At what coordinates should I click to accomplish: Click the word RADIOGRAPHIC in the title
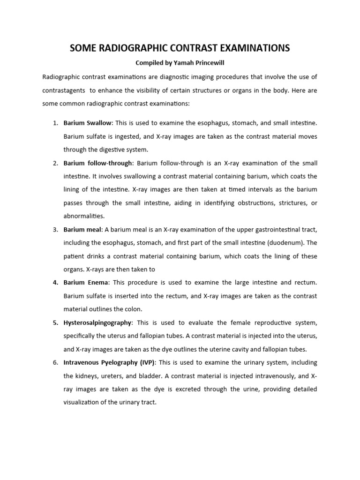[x=132, y=48]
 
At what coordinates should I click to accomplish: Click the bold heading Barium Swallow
[x=88, y=123]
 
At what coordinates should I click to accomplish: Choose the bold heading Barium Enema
[x=86, y=283]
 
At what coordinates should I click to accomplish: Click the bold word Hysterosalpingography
[x=98, y=322]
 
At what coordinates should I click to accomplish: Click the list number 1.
[x=55, y=123]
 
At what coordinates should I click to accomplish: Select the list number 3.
[x=55, y=229]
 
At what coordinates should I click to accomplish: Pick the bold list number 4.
[x=55, y=283]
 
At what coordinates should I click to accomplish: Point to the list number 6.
[x=55, y=362]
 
